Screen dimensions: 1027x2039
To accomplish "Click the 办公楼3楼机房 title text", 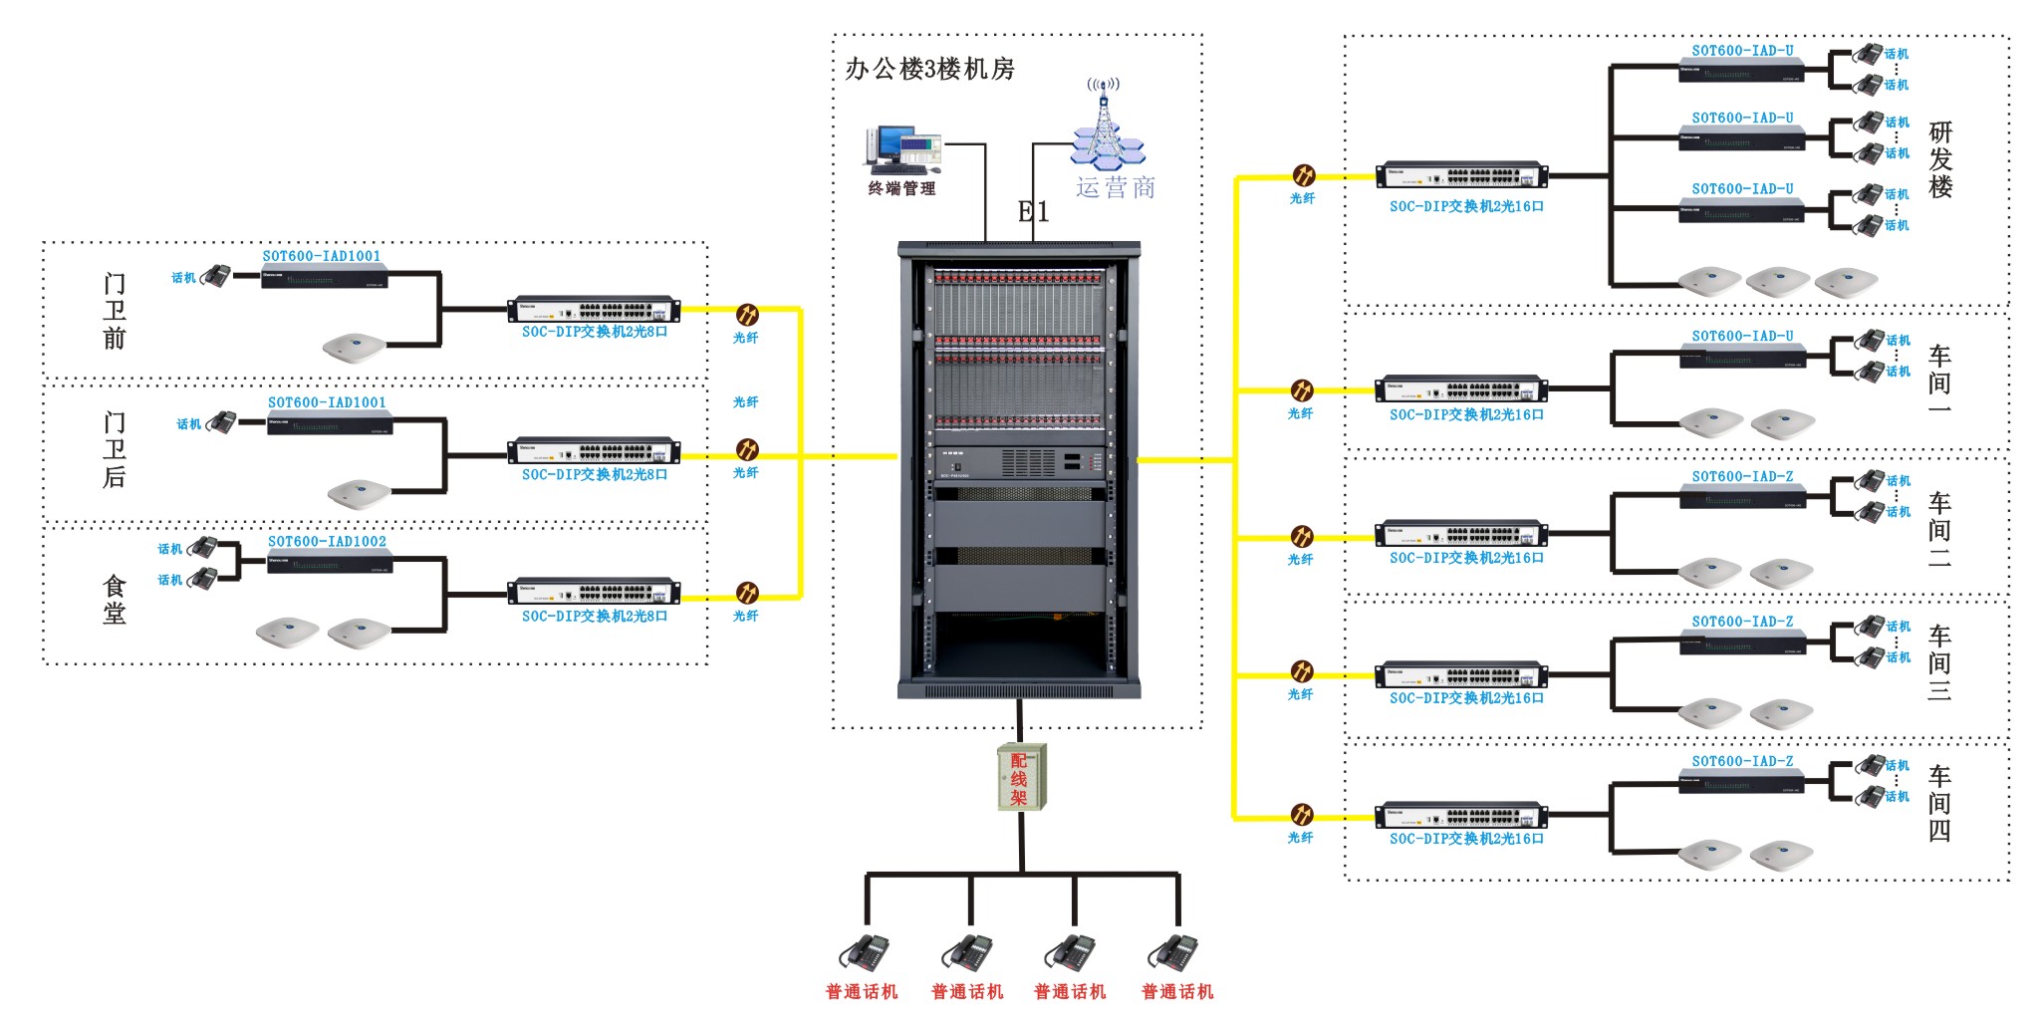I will [x=929, y=69].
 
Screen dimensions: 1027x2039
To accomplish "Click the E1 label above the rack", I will [x=1033, y=211].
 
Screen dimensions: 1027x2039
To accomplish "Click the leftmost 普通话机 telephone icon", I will [x=865, y=951].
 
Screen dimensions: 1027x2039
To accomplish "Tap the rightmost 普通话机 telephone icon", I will [x=1174, y=951].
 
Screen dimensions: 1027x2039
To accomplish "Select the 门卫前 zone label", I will [x=115, y=311].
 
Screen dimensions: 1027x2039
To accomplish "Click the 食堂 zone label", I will [x=115, y=599].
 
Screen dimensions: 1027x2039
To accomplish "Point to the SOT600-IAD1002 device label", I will [x=327, y=542].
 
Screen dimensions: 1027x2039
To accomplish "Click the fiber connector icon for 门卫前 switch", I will [x=746, y=315].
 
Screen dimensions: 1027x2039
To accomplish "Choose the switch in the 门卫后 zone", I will [x=594, y=451].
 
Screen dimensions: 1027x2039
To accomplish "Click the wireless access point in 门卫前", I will [x=354, y=347].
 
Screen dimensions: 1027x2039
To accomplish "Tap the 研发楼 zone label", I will [x=1940, y=159].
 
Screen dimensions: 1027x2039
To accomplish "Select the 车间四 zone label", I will [x=1938, y=803].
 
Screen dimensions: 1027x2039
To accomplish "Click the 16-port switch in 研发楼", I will [x=1461, y=176].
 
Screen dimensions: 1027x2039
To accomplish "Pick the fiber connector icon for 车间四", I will [x=1302, y=815].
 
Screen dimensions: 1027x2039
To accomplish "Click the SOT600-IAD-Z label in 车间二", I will [x=1741, y=477].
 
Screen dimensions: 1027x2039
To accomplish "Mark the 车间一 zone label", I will [x=1938, y=383].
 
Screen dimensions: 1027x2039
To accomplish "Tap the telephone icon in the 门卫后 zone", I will [x=222, y=422].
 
